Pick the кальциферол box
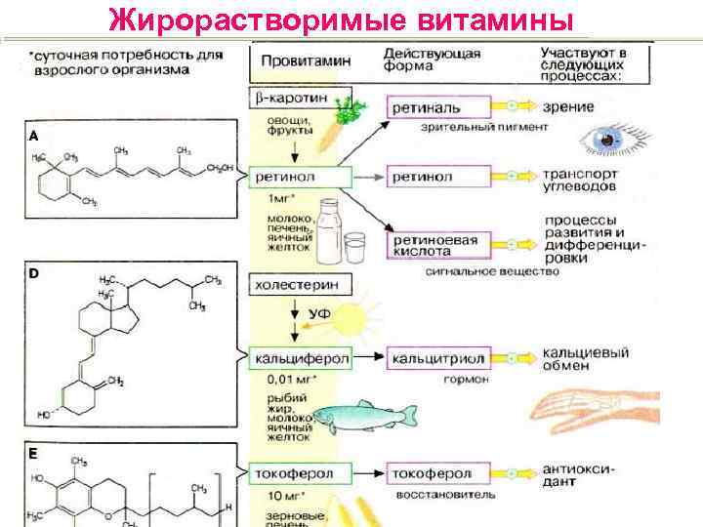[x=301, y=359]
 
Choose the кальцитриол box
[x=435, y=359]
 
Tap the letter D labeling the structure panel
[x=34, y=274]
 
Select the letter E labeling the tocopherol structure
[x=34, y=455]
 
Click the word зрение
[x=570, y=105]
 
